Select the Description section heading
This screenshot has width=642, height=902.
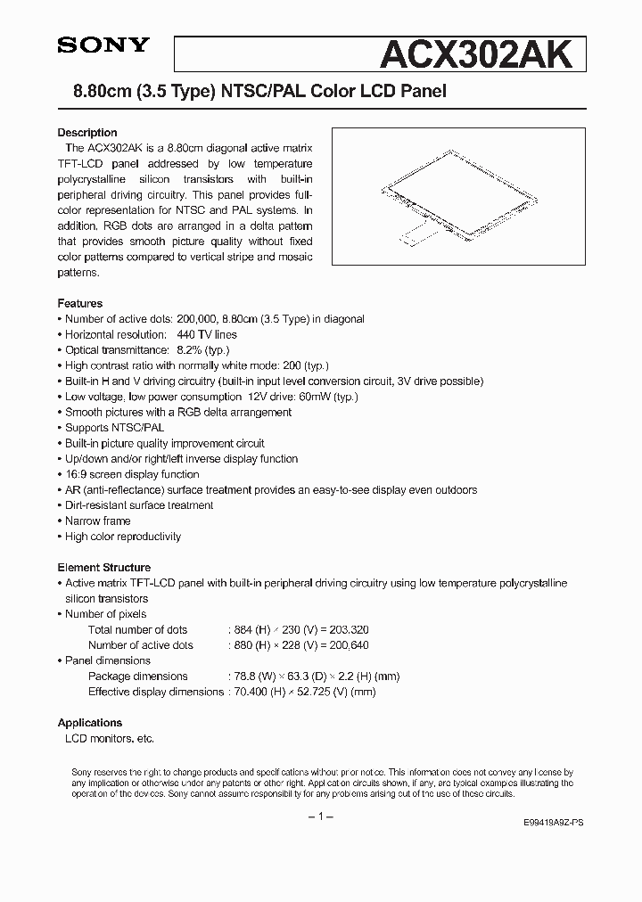(87, 133)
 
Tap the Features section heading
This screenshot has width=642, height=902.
(80, 303)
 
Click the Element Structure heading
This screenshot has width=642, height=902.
(104, 567)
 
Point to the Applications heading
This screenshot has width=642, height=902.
(90, 723)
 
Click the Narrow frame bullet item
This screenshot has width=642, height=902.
(98, 521)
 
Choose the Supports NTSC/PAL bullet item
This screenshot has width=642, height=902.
(115, 428)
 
